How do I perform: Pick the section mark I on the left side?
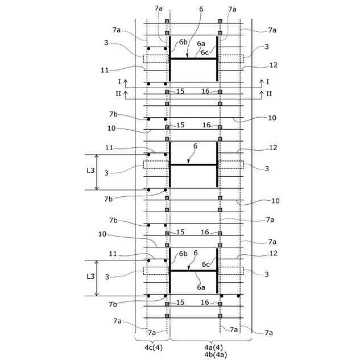[119, 82]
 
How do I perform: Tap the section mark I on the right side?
[267, 82]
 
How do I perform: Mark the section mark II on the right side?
[268, 93]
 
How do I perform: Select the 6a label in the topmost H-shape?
[201, 44]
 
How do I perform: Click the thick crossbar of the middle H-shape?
[194, 164]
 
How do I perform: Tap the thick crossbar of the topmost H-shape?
[194, 59]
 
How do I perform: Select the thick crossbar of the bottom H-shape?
[194, 271]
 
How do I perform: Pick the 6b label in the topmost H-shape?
[183, 42]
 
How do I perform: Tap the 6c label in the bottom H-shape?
[206, 264]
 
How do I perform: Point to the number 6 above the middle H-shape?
[195, 146]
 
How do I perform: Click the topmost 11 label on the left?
[105, 70]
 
